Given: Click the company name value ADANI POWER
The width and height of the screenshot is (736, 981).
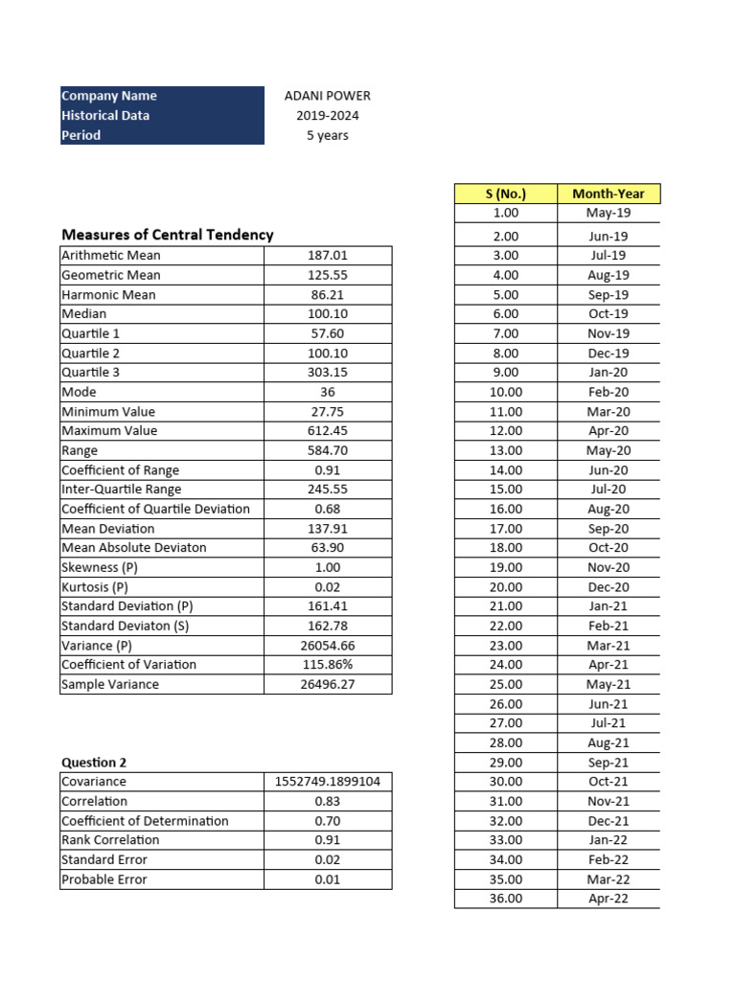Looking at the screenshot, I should tap(327, 96).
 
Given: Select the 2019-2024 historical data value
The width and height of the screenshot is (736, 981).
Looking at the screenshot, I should tap(327, 116).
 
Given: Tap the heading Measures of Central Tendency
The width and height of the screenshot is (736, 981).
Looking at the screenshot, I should tap(167, 235).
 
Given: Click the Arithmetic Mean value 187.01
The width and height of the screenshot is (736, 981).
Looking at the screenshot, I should tap(327, 256).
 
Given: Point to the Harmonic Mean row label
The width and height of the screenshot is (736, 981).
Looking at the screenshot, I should tap(108, 295).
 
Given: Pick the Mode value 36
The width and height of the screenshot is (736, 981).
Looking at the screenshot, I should tap(327, 392).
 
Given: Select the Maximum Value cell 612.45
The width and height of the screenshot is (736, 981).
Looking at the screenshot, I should tap(327, 431).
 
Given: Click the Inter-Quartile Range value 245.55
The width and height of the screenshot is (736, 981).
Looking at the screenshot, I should tap(327, 490).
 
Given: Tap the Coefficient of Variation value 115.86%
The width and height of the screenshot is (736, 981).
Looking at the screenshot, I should tap(327, 665).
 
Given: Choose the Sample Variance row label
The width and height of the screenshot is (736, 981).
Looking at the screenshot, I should tap(110, 684).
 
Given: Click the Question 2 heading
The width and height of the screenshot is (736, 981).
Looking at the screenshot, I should tap(94, 763).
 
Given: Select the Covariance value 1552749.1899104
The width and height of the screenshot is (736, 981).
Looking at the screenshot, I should tap(327, 782).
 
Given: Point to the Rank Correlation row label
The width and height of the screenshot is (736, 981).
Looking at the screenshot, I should tap(110, 840).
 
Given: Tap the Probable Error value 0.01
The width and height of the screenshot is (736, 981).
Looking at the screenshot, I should tap(327, 879).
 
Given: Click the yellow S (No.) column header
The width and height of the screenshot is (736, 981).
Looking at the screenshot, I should tap(505, 194).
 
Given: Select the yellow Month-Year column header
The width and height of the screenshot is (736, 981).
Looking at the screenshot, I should tap(608, 194).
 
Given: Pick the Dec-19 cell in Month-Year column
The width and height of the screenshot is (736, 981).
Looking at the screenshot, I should tap(608, 354).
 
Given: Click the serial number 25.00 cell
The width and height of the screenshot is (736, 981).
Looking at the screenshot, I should tap(505, 684).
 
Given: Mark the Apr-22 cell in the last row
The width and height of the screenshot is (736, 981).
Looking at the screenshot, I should tap(608, 899).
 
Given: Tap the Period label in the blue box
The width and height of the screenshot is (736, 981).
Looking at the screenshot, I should tap(81, 135).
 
